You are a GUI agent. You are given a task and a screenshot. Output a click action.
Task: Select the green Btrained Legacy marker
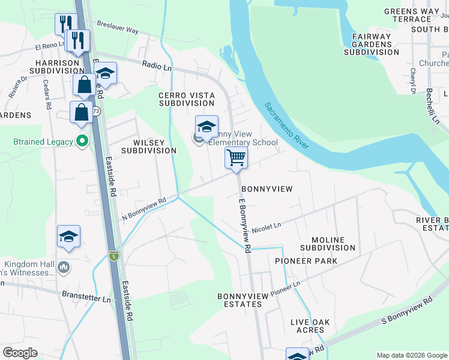click(x=83, y=142)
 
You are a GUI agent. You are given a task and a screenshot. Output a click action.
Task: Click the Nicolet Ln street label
click(x=266, y=227)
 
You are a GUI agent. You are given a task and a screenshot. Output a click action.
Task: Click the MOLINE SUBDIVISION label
click(x=328, y=244)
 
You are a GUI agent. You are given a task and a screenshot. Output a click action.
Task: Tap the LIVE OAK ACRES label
click(x=310, y=326)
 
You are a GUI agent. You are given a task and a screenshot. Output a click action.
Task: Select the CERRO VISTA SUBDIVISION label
click(x=187, y=99)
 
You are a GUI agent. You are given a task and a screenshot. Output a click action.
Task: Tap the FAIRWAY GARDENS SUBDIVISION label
click(x=372, y=44)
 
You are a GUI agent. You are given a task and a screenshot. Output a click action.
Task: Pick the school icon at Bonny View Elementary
click(x=206, y=127)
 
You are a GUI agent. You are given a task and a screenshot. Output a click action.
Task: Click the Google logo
click(x=20, y=352)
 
